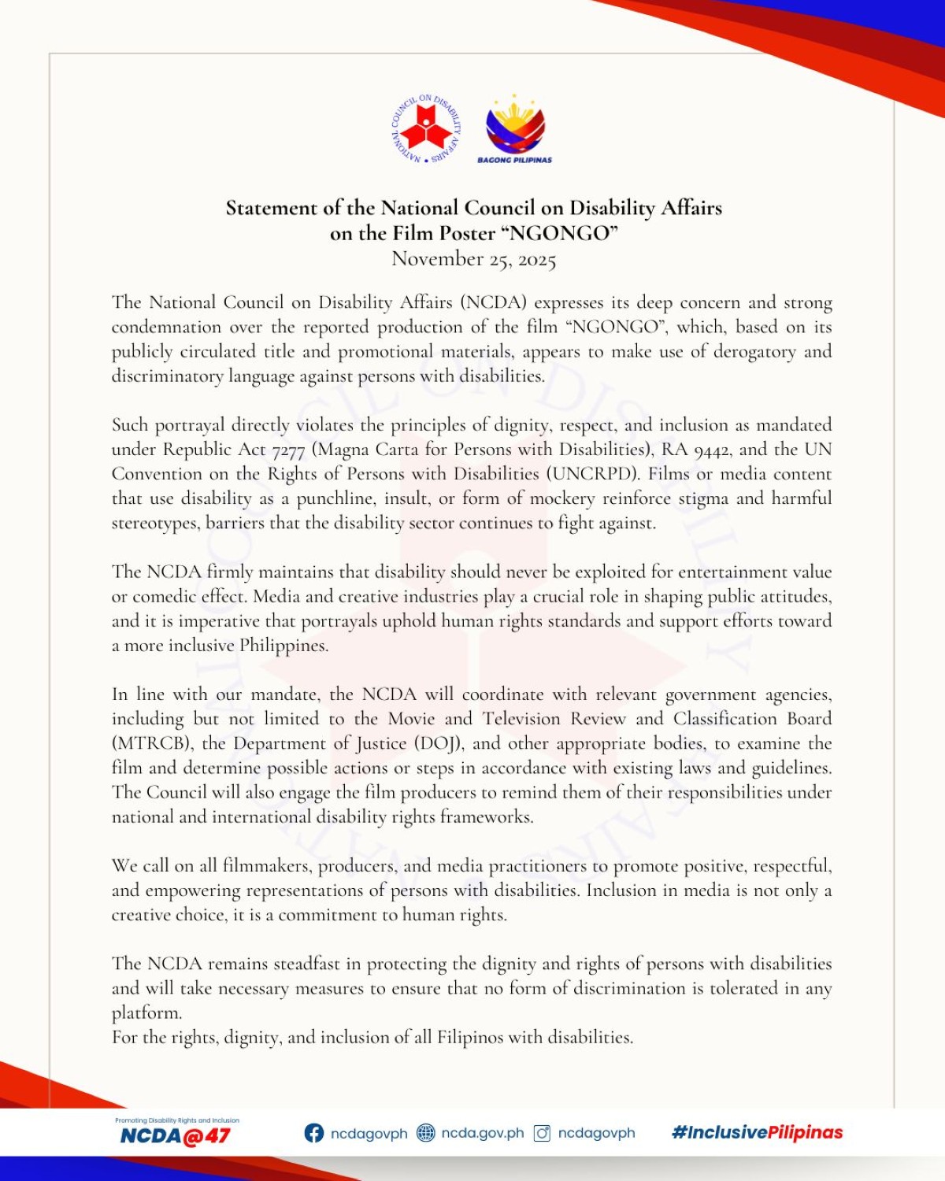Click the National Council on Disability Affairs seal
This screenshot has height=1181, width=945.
point(426,130)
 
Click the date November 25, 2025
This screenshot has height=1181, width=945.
point(473,259)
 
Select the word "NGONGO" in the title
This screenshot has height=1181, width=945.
point(560,234)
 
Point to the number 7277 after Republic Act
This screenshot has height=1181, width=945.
point(288,450)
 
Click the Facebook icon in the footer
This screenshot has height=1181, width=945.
point(313,1133)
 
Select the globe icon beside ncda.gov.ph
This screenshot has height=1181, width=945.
point(425,1133)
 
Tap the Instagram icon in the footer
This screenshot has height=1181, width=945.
point(542,1133)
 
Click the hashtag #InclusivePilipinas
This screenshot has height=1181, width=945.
point(757,1132)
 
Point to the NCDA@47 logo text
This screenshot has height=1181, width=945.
point(175,1135)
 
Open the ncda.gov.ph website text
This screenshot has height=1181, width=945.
point(482,1133)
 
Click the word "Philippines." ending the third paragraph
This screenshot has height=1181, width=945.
point(283,646)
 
